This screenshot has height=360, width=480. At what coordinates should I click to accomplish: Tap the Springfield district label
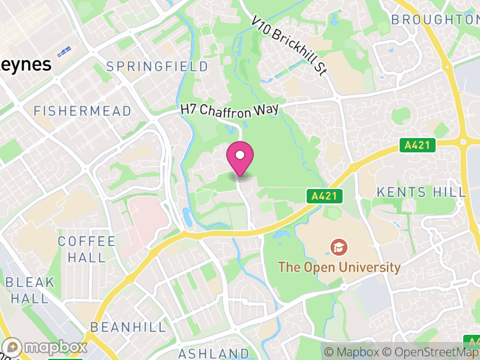click(157, 67)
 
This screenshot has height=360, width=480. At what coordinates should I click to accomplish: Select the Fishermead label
click(82, 111)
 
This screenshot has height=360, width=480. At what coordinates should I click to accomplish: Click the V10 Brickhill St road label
click(289, 46)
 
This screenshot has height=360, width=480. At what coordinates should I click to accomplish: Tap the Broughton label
click(434, 20)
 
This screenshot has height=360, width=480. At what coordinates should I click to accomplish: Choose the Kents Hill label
click(421, 192)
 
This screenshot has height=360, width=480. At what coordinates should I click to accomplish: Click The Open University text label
click(339, 267)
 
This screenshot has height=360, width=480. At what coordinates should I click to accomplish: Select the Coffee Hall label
click(86, 249)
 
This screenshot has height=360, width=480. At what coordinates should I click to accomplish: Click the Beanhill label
click(128, 327)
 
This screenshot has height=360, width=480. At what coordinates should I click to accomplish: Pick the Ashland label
click(214, 353)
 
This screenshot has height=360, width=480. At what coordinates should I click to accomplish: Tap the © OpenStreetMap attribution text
click(431, 352)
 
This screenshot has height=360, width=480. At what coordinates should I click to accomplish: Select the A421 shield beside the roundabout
click(418, 145)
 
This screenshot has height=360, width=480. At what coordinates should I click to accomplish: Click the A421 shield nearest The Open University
click(326, 196)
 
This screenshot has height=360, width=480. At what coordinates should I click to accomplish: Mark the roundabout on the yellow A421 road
click(464, 142)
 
